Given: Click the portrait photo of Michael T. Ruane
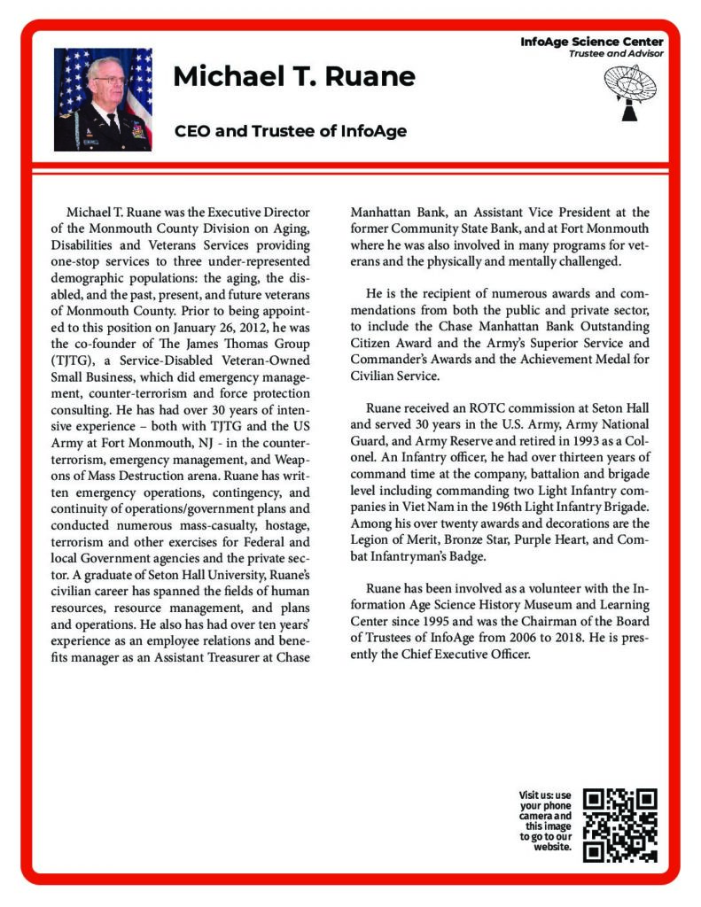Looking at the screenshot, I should coord(103,98).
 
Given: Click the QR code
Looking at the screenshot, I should coord(621,825).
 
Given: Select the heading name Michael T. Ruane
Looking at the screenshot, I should coord(294,77).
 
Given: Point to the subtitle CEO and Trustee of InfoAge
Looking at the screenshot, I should coord(291,132).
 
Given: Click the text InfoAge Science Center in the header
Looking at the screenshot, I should coord(591,42).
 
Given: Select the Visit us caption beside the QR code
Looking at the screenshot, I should coord(546,820).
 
